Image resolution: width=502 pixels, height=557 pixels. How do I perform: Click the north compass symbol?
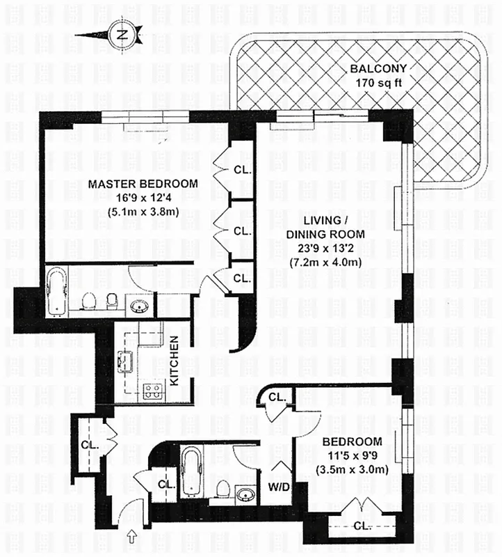point(122,34)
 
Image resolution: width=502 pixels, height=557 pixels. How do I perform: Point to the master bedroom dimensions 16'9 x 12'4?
point(143,199)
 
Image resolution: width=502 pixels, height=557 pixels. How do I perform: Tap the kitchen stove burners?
point(152,391)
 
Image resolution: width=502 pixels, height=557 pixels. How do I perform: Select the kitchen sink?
point(126,362)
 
